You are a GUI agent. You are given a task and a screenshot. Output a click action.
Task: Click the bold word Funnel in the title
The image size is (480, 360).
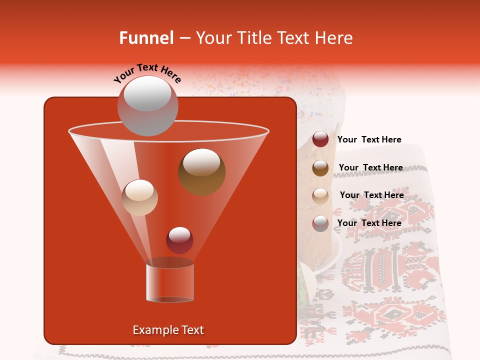point(146,38)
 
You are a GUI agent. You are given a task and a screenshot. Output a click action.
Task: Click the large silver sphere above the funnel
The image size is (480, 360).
point(147,105)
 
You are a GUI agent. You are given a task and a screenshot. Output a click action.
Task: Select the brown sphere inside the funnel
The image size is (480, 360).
point(201,172)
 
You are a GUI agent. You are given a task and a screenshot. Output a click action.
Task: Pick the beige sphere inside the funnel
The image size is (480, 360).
point(140,197)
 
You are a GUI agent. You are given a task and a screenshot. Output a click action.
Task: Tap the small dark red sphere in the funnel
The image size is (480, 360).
point(179,240)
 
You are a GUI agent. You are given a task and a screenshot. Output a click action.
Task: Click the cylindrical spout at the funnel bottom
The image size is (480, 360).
point(170,282)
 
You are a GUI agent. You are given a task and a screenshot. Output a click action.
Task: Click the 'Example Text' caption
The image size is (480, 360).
point(168,330)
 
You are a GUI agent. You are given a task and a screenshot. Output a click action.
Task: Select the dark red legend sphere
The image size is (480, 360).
point(320,139)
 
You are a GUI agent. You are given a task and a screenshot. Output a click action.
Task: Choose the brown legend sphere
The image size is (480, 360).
point(320,168)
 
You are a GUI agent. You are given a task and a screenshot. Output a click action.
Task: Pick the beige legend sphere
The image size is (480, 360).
point(320,195)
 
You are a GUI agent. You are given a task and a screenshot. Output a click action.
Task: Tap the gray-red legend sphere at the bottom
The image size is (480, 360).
point(320,223)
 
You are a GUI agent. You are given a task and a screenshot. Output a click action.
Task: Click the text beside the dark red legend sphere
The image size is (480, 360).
point(369,140)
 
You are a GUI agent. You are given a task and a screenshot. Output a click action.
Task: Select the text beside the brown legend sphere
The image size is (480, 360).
point(370,167)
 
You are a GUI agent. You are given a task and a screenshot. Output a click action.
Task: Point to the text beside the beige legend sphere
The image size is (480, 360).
point(371,195)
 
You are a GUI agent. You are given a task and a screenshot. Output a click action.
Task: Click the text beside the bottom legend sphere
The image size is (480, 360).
point(369,223)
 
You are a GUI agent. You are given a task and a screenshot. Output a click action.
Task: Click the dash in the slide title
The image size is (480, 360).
point(184,38)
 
